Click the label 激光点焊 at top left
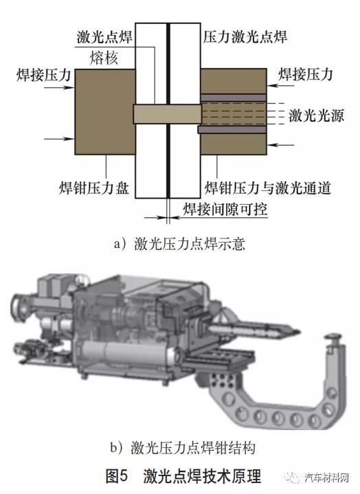tap(104, 37)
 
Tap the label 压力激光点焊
tap(245, 37)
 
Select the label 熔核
tap(104, 58)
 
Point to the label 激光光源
tap(316, 116)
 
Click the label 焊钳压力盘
tap(94, 188)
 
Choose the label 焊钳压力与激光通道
tap(268, 188)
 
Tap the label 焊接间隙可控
tap(225, 209)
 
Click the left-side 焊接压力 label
tap(44, 75)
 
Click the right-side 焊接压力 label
tap(305, 75)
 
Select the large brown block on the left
tap(105, 112)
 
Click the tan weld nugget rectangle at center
tap(167, 114)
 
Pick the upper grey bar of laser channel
tap(234, 98)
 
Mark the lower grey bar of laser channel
tap(232, 129)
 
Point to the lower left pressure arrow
tap(59, 139)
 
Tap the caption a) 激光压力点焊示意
tap(179, 244)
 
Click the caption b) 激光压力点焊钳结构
tap(183, 448)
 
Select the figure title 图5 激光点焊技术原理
tap(183, 476)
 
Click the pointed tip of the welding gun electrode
tap(298, 331)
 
